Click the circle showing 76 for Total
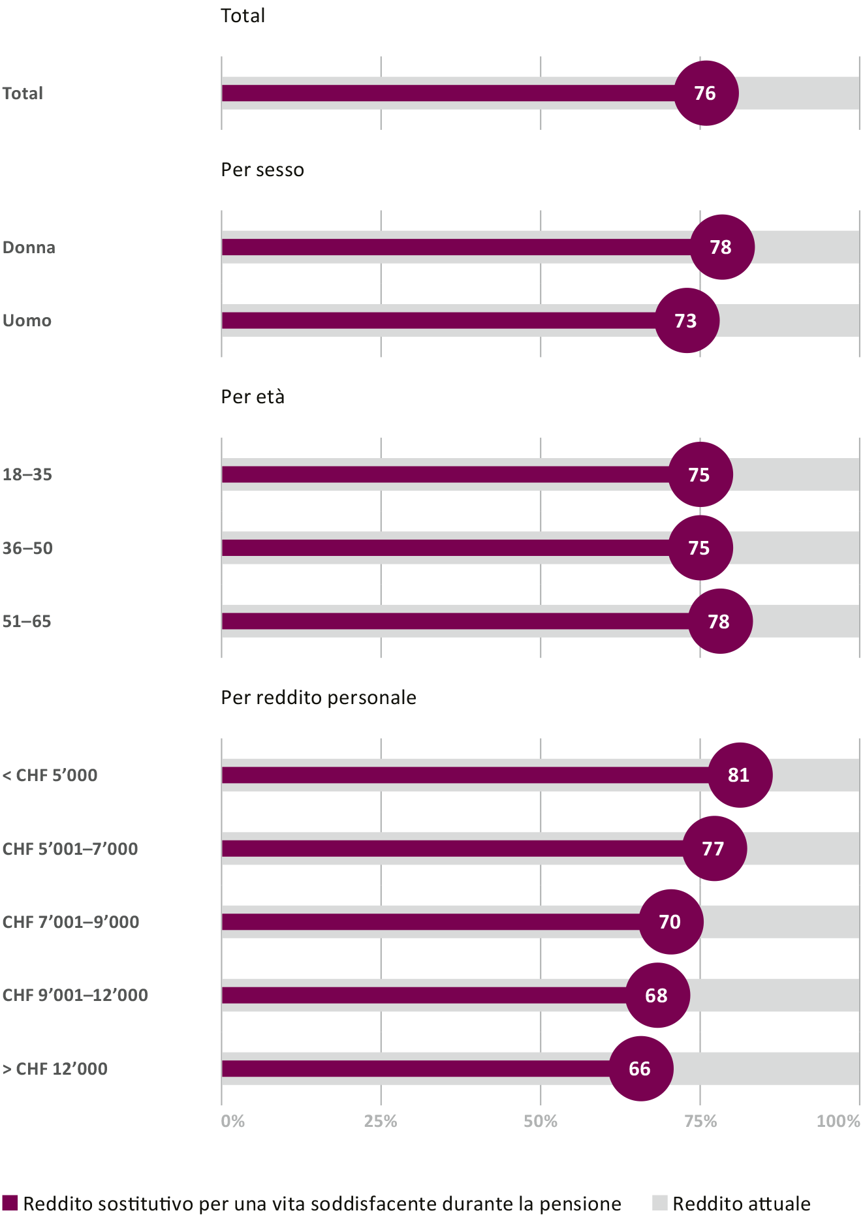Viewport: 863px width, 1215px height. tap(706, 93)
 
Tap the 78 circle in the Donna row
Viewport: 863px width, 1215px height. tap(721, 247)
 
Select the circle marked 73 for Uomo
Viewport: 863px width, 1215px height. tap(687, 320)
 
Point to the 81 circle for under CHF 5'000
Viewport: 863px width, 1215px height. tap(740, 775)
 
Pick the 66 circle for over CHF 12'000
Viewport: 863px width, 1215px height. tap(640, 1069)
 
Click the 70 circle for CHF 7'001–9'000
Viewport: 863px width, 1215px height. tap(670, 922)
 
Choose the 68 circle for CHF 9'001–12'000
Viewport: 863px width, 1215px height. tap(657, 995)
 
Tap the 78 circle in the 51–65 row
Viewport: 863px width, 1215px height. tap(720, 621)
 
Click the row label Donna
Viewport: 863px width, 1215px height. tap(29, 248)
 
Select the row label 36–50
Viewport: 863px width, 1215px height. tap(27, 548)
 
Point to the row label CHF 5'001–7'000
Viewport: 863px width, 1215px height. tap(70, 849)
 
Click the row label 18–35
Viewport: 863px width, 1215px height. tap(27, 475)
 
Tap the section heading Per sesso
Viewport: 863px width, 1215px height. tap(262, 170)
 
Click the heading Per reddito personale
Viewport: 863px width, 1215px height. tap(319, 698)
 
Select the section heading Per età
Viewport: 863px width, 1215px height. tap(253, 397)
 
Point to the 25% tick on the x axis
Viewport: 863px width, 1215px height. tap(381, 1121)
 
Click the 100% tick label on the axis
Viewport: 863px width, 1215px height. tap(838, 1121)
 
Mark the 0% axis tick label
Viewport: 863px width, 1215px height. tap(232, 1121)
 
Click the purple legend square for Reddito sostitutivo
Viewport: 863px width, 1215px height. tap(10, 1203)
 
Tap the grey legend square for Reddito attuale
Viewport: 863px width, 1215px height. tap(660, 1203)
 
